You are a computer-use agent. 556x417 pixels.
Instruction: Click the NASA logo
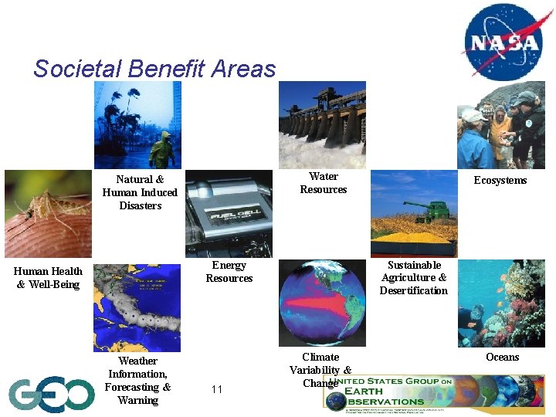coord(502,40)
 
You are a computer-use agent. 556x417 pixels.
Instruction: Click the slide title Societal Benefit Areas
coord(154,69)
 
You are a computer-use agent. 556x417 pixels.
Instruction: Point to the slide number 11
coord(216,389)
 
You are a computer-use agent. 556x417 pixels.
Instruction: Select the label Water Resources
coord(323,183)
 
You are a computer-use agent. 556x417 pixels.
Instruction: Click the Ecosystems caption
coord(500,180)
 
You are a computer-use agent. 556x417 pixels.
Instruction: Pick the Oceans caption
coord(502,357)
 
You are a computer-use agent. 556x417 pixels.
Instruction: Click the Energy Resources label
coord(229,272)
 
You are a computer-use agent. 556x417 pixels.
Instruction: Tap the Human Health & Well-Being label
coord(48,278)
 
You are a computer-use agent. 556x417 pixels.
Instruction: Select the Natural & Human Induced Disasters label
coord(140,192)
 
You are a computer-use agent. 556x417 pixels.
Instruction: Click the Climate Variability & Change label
coord(320,369)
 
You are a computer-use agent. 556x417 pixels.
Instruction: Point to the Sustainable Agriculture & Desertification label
coord(414,278)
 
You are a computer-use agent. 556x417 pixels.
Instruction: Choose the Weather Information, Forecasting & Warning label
coord(137,381)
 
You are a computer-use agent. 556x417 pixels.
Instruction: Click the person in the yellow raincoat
coord(161,150)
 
